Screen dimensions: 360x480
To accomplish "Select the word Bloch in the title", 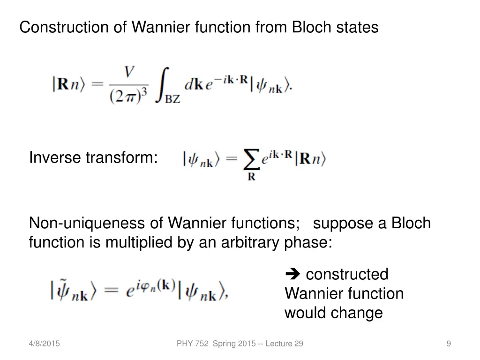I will point(312,27).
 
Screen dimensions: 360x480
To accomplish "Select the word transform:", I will point(121,158).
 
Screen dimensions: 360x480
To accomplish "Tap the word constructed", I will point(347,274).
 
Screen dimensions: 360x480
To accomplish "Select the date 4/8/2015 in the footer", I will point(44,344).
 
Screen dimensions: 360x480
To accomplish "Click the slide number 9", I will point(449,344).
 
